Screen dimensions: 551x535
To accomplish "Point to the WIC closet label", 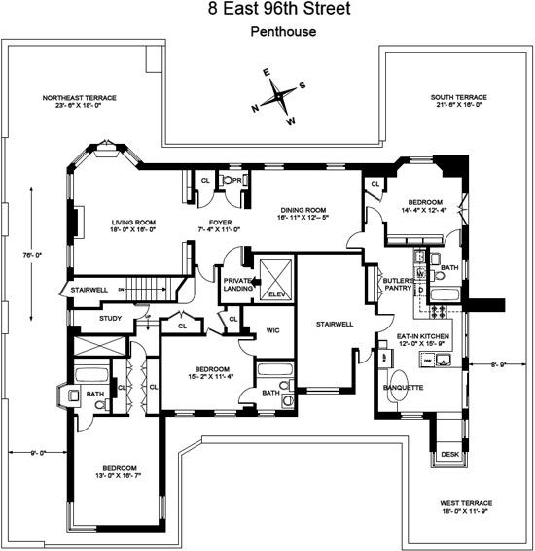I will point(273,330).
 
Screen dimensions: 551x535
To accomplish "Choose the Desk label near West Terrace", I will point(448,454).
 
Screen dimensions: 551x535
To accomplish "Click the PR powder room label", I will point(235,181).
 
